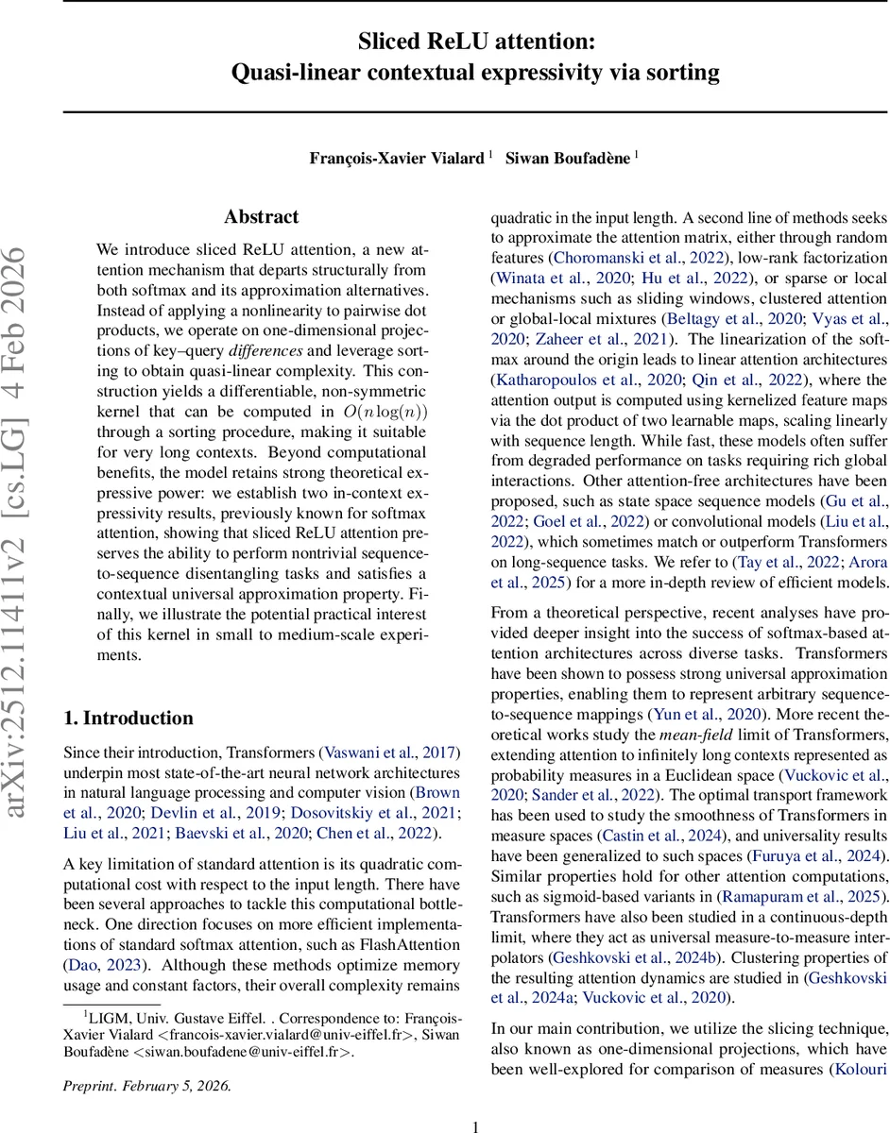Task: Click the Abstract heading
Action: coord(262,217)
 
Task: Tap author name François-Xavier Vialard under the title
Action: coord(398,159)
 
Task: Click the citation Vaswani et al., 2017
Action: coord(389,752)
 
